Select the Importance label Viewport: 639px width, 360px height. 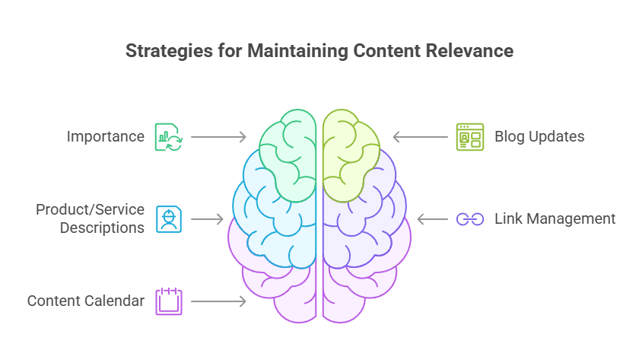click(x=105, y=137)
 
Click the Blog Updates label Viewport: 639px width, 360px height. click(x=539, y=137)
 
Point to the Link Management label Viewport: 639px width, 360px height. click(x=555, y=219)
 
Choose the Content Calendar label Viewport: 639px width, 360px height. click(x=86, y=301)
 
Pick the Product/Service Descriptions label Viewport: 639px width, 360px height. click(x=90, y=218)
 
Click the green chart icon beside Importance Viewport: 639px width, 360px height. click(x=168, y=137)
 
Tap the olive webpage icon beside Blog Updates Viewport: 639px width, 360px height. click(x=470, y=137)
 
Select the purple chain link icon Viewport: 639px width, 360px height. click(x=470, y=219)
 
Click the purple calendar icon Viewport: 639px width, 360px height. click(x=168, y=301)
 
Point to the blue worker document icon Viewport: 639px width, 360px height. click(x=168, y=218)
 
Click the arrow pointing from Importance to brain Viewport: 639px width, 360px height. click(x=218, y=137)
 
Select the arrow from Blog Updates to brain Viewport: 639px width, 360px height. click(x=420, y=137)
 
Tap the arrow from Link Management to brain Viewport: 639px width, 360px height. click(x=432, y=219)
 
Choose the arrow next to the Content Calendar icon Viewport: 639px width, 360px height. click(x=218, y=301)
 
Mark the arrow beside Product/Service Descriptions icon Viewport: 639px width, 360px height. click(x=206, y=219)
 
